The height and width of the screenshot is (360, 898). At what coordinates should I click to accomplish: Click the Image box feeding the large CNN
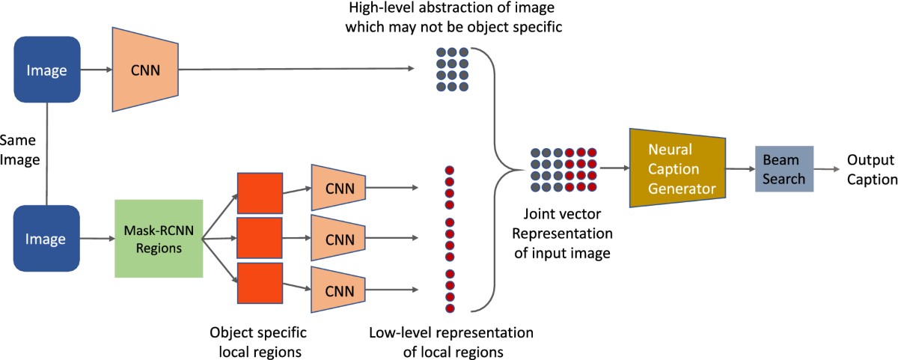click(x=46, y=70)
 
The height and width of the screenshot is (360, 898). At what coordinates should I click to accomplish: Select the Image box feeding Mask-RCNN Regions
click(x=46, y=240)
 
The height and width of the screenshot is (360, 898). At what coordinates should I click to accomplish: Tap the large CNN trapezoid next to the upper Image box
click(x=144, y=70)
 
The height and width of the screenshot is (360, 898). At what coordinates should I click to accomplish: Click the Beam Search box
click(x=784, y=168)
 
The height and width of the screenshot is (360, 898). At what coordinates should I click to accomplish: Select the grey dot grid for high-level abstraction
click(x=453, y=70)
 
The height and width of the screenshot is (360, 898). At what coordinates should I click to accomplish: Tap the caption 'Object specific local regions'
click(x=258, y=340)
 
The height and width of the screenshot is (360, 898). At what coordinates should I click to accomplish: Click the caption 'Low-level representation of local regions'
click(x=451, y=340)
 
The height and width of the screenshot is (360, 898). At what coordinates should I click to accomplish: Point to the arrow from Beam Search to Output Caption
click(x=826, y=168)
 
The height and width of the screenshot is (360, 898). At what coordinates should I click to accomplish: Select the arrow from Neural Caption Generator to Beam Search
click(x=741, y=168)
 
